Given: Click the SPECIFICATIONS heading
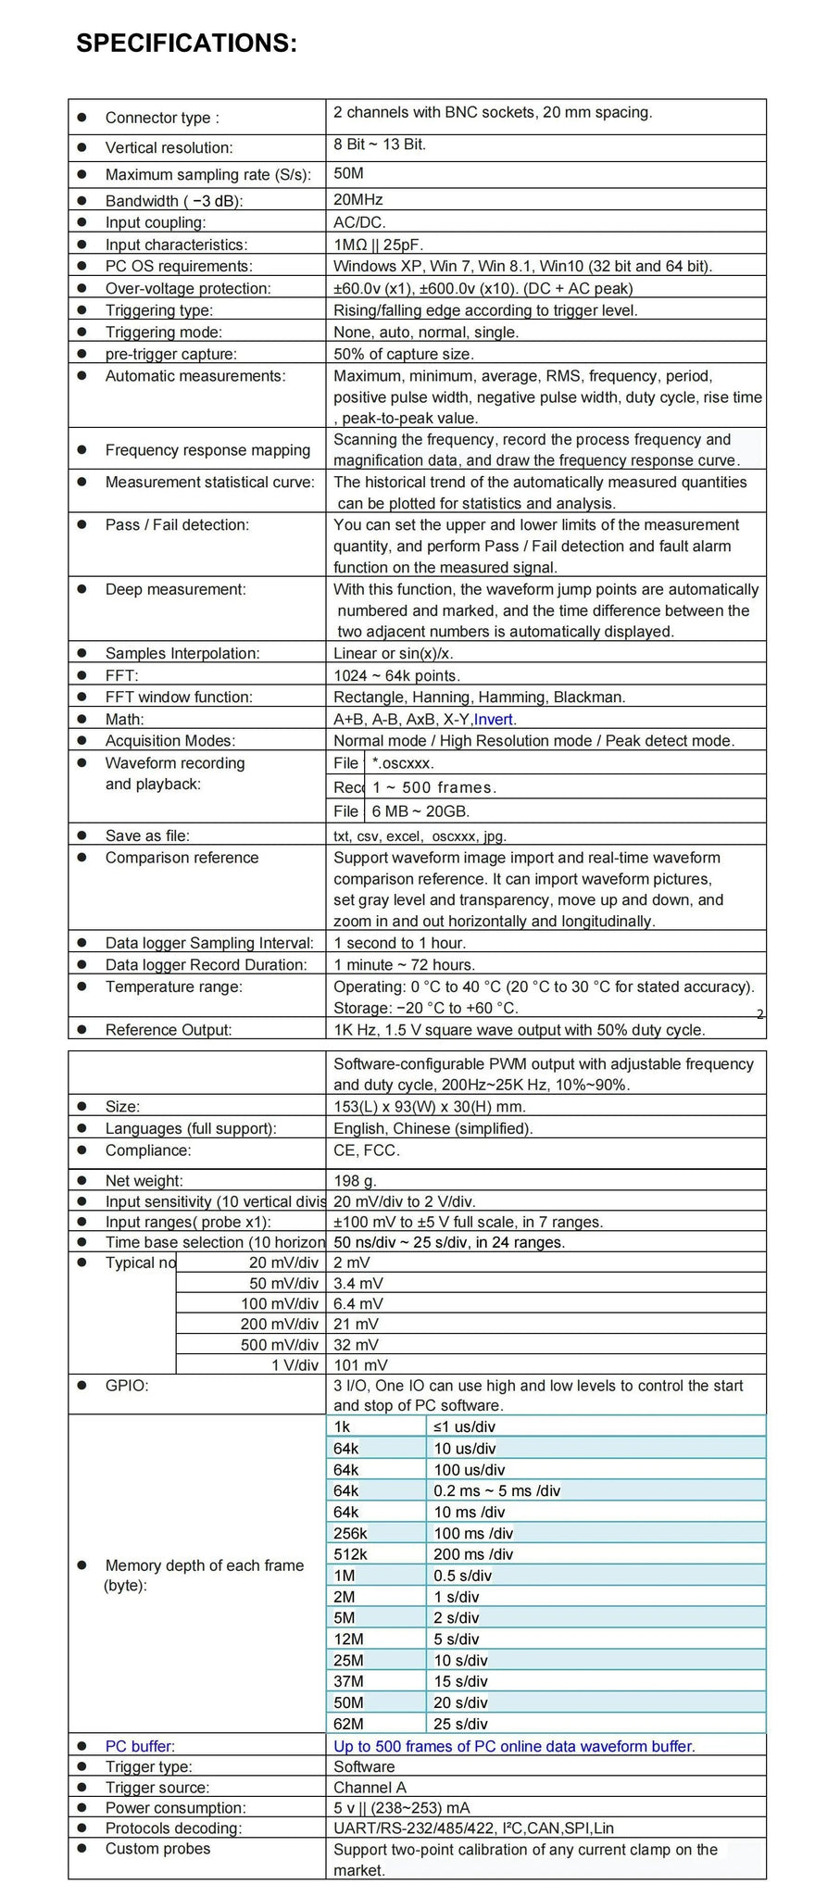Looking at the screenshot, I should click(x=186, y=44).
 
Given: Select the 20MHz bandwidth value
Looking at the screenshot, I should click(x=357, y=200).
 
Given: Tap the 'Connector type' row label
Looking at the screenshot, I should click(x=162, y=118).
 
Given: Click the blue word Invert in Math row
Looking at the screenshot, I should click(x=495, y=719).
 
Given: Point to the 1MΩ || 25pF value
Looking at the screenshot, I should click(x=378, y=245).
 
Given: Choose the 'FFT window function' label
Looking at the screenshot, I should click(x=179, y=697).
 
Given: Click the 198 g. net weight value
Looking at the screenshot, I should click(x=355, y=1180).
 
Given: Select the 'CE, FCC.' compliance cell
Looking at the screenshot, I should click(x=367, y=1150).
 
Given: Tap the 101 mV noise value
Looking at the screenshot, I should click(x=360, y=1364).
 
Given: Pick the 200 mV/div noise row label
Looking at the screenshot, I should click(x=279, y=1324).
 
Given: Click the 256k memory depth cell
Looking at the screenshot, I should click(x=350, y=1533).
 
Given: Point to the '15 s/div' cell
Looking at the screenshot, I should click(x=460, y=1681).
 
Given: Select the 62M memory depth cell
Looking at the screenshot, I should click(x=348, y=1724).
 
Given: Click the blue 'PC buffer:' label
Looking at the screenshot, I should click(x=140, y=1746).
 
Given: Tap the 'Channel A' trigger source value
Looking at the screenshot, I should click(x=370, y=1787).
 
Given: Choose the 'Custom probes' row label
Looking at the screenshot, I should click(x=157, y=1848).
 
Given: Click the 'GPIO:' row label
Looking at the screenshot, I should click(x=127, y=1386).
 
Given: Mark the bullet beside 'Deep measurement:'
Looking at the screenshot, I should click(x=82, y=589).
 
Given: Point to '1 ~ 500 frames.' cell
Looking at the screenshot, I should click(x=434, y=787).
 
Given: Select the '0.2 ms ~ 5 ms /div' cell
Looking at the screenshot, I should click(x=496, y=1490).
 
